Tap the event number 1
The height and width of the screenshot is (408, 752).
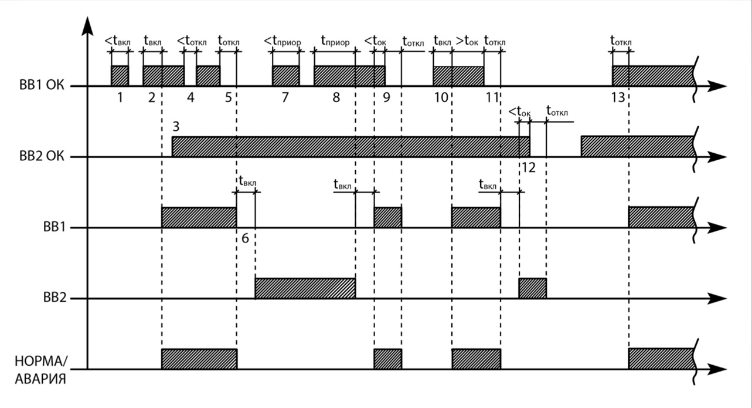pos(120,98)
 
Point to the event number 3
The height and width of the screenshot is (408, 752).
pos(176,126)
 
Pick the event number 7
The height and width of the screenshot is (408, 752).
pos(285,98)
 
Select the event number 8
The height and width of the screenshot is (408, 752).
pos(336,98)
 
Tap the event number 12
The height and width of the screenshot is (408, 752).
pos(528,168)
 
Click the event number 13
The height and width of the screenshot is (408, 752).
pos(617,98)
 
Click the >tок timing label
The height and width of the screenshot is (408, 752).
pos(467,42)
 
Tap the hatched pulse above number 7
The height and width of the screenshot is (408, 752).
pos(285,76)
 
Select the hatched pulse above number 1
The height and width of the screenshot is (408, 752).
pos(120,76)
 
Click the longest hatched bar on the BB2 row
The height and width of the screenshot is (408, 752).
pos(305,288)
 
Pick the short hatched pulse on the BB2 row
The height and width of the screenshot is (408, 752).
pos(532,288)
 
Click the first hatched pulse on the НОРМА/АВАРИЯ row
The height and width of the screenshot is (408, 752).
pos(199,358)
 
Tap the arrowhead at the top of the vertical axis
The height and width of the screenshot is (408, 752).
pos(87,25)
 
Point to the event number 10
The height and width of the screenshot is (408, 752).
pos(441,98)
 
